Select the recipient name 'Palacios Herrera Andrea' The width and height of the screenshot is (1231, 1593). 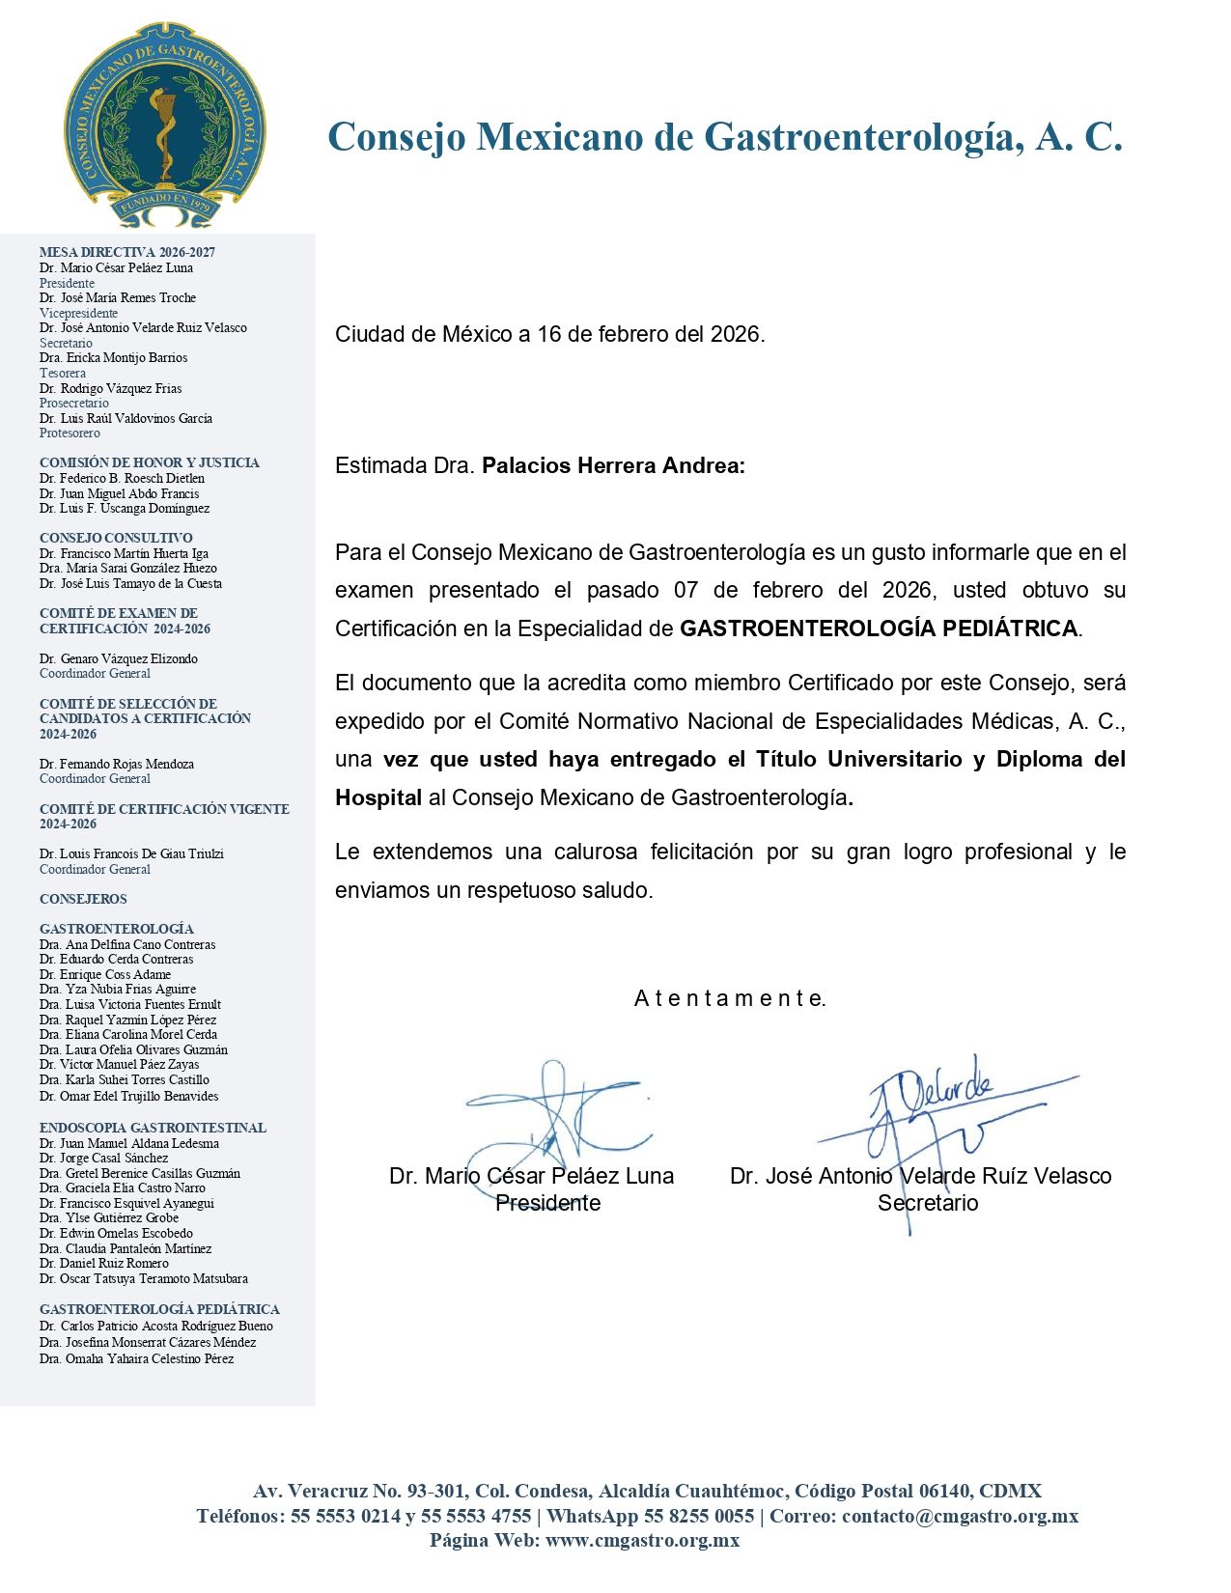[612, 466]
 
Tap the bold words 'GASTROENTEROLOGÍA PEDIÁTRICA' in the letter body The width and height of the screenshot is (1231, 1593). [879, 629]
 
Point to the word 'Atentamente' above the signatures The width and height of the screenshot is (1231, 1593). [730, 998]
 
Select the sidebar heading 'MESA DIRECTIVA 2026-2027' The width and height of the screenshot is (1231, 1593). [127, 252]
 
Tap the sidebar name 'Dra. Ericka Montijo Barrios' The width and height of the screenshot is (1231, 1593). [114, 358]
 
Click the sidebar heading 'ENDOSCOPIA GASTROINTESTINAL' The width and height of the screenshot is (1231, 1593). [153, 1128]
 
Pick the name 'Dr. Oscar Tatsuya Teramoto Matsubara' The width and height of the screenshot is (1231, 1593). [144, 1278]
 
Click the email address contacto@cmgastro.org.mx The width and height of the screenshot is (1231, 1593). [960, 1516]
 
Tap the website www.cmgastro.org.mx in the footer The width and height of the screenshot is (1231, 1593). [642, 1540]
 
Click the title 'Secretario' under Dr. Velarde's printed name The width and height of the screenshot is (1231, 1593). [928, 1203]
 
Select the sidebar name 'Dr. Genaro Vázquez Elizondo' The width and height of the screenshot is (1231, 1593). [119, 658]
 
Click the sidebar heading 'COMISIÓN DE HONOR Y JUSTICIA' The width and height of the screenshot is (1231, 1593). [150, 462]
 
